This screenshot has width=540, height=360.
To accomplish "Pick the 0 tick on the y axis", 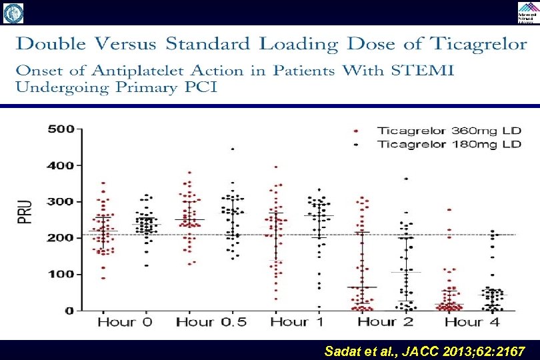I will (69, 311).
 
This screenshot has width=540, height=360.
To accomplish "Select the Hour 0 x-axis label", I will (125, 323).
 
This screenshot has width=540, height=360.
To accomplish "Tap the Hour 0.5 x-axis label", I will (211, 323).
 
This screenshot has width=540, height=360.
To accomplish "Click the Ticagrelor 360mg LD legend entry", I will (440, 131).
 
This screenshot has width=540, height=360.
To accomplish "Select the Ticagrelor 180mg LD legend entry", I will (440, 144).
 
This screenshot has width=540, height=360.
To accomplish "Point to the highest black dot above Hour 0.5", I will (233, 149).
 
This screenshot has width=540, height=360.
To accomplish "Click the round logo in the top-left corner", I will (13, 12).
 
